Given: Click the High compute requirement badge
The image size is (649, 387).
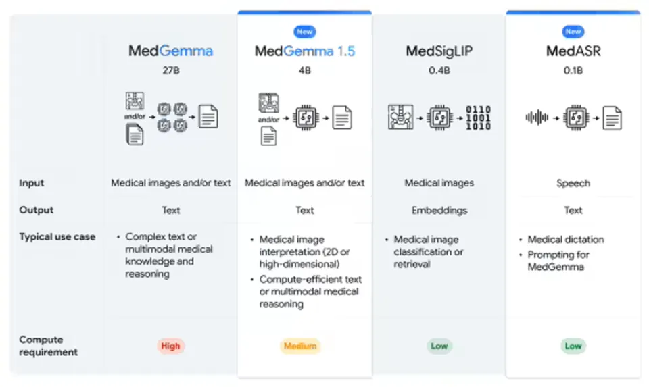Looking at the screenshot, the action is coord(170,346).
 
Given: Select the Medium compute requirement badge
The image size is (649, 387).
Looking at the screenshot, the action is coord(300,346).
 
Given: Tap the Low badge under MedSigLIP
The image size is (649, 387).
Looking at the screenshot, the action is coord(439,346).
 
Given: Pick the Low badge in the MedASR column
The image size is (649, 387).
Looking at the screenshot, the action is coord(573,346).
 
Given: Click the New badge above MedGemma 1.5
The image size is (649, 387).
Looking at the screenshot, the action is coord(305,32).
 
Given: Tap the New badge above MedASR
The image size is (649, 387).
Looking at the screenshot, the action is coord(573,32).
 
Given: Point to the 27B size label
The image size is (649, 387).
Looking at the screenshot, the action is coord(171,70).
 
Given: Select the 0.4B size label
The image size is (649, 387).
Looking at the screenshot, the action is coord(439,70).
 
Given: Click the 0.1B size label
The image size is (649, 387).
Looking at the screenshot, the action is coord(573,70).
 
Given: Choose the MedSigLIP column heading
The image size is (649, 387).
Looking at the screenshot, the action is coord(439,51).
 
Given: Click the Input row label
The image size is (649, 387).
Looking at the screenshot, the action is coord(32,183).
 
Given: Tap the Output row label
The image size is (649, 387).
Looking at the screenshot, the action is coord(37,210).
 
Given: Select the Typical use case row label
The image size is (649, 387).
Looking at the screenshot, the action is coord(57,237).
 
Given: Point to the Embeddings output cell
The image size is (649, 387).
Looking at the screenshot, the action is coord(439,211).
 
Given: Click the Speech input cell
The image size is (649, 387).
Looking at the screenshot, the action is coord(573,183).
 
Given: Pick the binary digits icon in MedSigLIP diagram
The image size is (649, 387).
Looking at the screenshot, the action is coord(479,118).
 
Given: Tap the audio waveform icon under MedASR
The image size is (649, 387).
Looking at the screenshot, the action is coord(537,118).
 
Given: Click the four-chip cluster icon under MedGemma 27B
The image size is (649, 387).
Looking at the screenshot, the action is coord(172,117).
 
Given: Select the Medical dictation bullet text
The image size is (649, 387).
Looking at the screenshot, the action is coord(566,239).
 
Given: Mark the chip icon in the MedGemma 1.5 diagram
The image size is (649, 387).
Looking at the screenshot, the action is coord(306,118).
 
